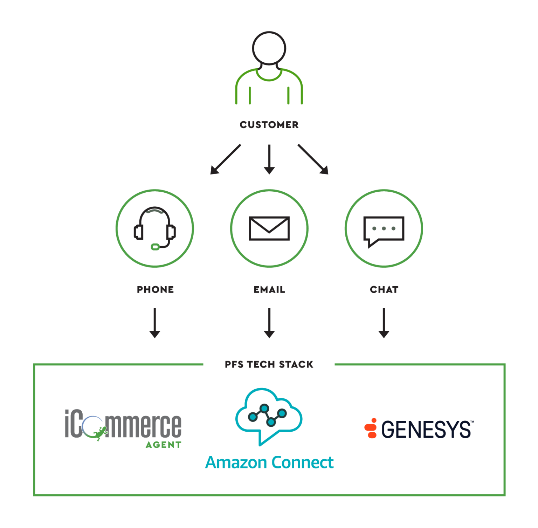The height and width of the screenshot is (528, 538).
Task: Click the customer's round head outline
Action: [269, 48]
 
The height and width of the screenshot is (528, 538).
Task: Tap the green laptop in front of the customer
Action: [275, 95]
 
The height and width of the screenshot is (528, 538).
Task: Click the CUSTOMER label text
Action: [269, 125]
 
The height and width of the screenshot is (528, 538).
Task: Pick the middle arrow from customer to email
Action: [269, 159]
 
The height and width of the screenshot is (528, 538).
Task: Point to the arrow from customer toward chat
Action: [313, 159]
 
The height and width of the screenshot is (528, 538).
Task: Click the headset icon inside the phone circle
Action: [155, 226]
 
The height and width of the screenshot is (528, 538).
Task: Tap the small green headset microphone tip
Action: [155, 247]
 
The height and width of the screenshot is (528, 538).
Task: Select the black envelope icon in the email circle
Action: [269, 229]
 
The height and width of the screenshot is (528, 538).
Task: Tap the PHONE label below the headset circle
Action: [155, 290]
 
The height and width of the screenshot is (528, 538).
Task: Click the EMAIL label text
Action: [269, 290]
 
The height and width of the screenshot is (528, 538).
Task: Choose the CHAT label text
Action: [384, 290]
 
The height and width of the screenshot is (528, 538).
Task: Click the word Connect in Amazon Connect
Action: [303, 462]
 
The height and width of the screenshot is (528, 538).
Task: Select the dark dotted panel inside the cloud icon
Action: [268, 417]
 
